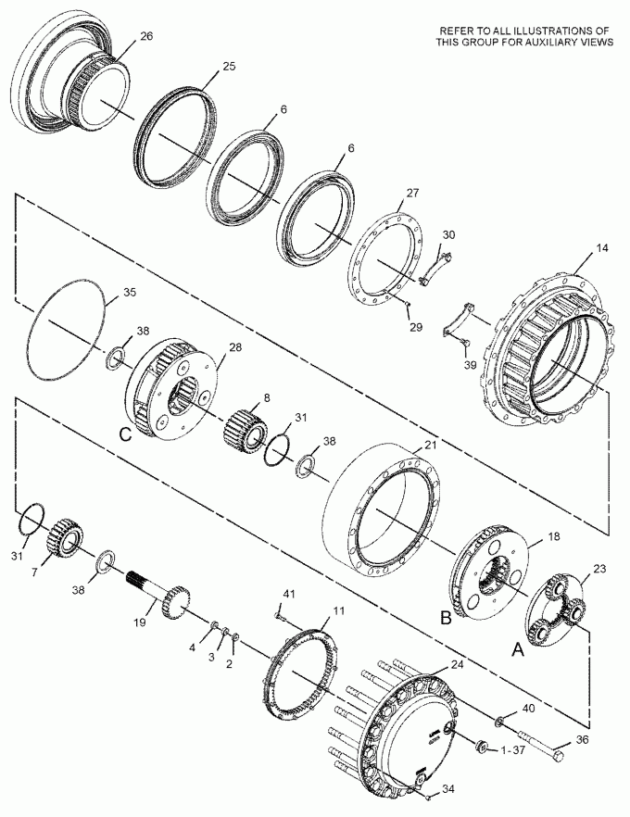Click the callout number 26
(x=146, y=36)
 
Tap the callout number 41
(x=289, y=593)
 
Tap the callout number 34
(x=447, y=789)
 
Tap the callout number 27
(x=412, y=193)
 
